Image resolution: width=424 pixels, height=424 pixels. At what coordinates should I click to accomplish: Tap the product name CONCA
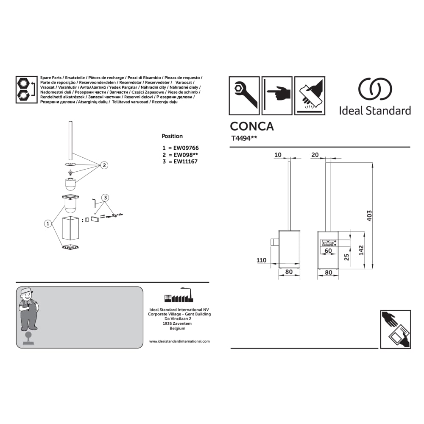252,126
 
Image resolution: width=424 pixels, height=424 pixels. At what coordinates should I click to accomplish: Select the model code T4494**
244,138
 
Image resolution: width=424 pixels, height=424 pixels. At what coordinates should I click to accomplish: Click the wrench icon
244,95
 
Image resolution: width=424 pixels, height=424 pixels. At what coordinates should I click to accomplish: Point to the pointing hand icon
277,95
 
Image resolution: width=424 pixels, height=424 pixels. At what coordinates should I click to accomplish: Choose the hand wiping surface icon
310,95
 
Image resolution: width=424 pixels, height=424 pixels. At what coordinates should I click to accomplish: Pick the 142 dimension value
361,250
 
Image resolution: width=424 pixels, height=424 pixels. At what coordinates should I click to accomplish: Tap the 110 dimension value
262,260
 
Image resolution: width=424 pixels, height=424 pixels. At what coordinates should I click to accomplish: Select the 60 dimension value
328,251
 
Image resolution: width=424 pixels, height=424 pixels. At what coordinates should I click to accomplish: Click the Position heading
172,136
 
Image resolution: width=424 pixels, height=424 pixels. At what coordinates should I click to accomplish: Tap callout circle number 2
104,165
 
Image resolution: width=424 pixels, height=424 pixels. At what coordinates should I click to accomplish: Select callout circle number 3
106,197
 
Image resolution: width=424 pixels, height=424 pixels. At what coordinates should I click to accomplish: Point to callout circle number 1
48,223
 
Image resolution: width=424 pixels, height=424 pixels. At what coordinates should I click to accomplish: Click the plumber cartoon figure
28,309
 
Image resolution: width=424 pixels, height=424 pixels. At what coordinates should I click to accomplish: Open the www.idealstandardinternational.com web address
179,341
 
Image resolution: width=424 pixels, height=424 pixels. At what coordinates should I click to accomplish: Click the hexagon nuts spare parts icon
25,90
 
